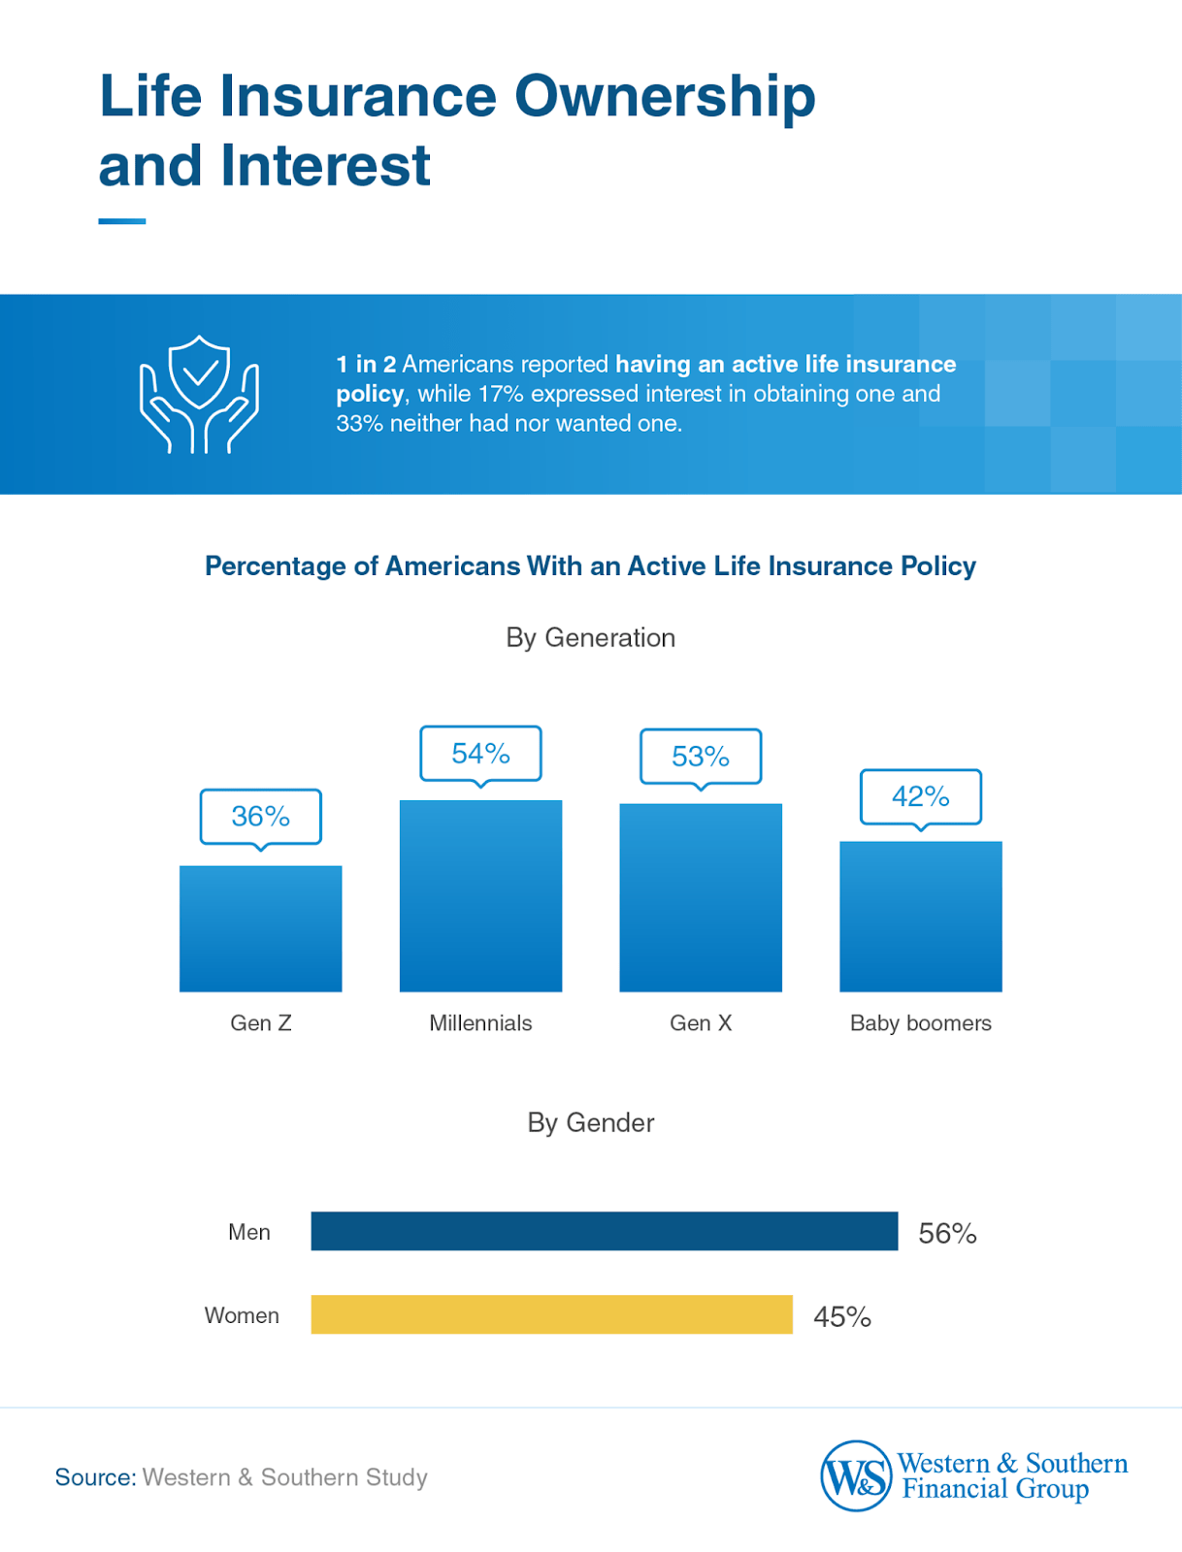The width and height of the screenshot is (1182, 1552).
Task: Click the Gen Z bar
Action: (260, 928)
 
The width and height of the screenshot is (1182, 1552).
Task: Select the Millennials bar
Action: (480, 895)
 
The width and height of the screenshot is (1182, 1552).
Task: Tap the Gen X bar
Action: (701, 897)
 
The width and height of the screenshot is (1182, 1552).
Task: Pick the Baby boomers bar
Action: (920, 916)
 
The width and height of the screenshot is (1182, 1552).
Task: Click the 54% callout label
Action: (480, 753)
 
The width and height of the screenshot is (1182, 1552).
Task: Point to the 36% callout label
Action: (260, 816)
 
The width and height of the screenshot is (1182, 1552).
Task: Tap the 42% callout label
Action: (920, 796)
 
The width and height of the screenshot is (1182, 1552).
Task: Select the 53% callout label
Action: (701, 756)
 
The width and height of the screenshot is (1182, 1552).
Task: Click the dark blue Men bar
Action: (604, 1231)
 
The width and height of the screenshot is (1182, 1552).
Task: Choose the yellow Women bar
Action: (551, 1314)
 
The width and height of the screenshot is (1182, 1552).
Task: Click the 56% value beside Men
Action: (947, 1233)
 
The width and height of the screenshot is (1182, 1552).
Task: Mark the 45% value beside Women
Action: (841, 1316)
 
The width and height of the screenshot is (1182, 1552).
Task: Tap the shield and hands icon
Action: (199, 395)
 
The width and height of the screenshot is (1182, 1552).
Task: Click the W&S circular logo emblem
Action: (855, 1475)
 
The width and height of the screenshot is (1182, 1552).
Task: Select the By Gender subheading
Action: (590, 1122)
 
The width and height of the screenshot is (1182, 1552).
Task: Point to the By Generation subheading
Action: (590, 637)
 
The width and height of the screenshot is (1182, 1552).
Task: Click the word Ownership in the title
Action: (664, 97)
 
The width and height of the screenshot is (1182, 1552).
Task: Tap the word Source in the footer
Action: (94, 1477)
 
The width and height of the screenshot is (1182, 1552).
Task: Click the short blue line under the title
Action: (121, 221)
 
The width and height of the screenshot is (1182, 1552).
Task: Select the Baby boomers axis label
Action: (920, 1022)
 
